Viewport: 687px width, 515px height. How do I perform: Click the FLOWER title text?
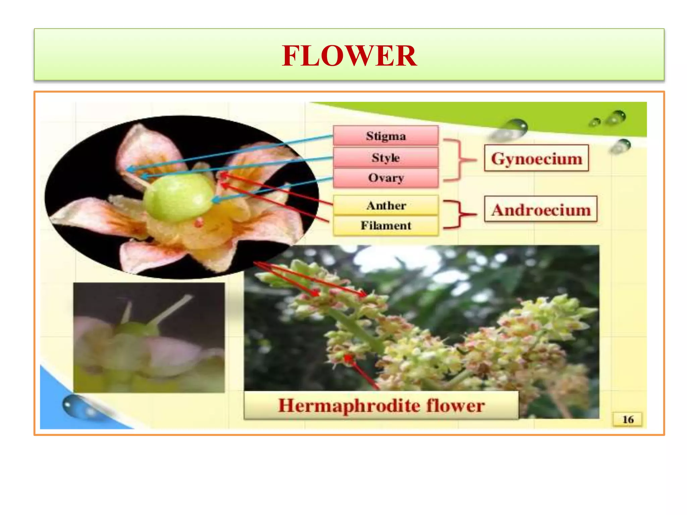[349, 56]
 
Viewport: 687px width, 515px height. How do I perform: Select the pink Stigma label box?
[385, 136]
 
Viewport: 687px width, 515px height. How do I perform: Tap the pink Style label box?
[385, 158]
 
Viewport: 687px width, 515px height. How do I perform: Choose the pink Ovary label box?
[385, 178]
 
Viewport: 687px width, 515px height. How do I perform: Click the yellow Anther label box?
[386, 205]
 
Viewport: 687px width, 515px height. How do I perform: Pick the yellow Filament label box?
[386, 225]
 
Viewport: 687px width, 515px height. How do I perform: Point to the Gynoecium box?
[536, 158]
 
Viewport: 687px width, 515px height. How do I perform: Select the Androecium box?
[541, 210]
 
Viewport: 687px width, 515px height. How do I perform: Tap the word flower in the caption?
[455, 406]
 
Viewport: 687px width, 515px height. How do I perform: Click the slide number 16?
[628, 419]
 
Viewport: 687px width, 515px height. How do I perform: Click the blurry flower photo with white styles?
[149, 337]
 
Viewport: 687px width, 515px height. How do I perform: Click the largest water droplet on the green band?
[513, 129]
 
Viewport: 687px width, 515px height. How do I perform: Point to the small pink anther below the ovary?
[199, 222]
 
